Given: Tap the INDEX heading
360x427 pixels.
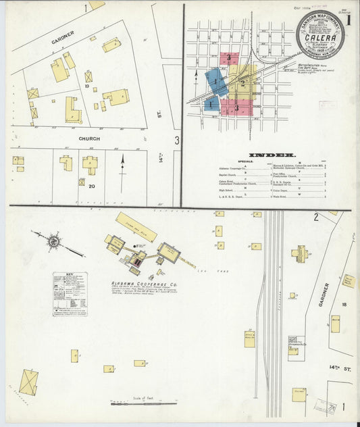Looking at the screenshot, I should point(269,155).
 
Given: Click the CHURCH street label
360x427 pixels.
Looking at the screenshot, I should point(89,139).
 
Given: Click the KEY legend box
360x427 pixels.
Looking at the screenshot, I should point(70,295).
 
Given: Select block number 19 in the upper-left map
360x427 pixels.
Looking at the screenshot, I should point(87,86).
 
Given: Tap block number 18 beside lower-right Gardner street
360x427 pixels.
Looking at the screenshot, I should point(344,305).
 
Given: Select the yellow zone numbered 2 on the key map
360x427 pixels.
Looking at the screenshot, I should point(242,82).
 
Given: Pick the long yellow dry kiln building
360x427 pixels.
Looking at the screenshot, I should point(136,227).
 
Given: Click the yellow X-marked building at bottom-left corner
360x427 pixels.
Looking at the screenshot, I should point(28,382).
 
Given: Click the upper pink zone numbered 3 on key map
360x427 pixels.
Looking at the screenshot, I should point(229,58).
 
